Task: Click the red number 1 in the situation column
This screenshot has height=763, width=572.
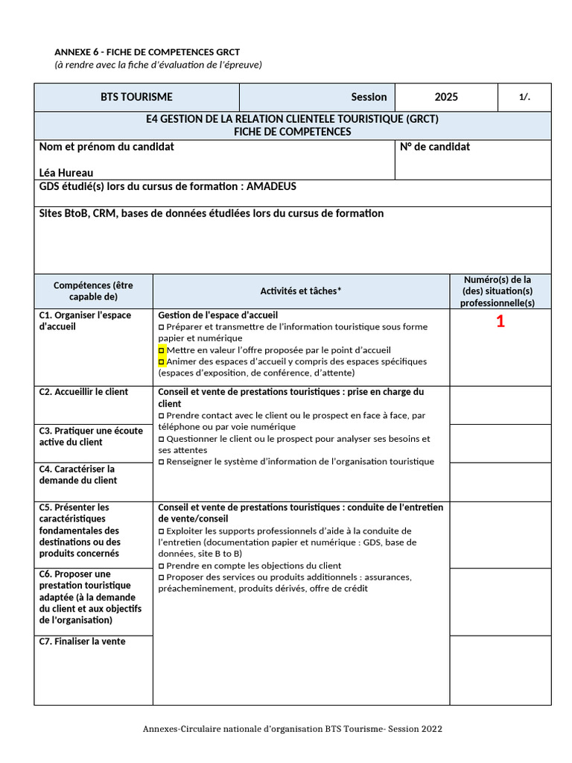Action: click(500, 322)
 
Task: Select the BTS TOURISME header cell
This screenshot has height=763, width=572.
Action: click(136, 97)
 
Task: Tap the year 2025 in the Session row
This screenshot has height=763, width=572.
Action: click(446, 97)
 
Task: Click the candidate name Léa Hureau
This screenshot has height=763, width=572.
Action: click(66, 173)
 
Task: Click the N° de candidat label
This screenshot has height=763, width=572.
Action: click(435, 147)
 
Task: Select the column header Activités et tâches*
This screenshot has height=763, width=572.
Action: click(301, 291)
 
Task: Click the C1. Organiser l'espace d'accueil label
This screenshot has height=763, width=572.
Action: click(85, 320)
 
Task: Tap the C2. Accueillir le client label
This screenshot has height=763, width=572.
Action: click(83, 392)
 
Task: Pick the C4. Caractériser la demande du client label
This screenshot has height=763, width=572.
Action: click(77, 475)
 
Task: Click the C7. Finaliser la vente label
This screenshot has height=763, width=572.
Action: click(82, 642)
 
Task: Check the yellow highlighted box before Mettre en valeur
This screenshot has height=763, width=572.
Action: click(162, 349)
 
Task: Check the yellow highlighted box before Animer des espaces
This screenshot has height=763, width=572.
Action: click(162, 361)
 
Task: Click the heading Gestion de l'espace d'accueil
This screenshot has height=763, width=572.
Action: click(218, 315)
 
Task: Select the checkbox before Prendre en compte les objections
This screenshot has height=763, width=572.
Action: click(162, 566)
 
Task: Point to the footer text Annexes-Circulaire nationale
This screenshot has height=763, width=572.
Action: click(292, 729)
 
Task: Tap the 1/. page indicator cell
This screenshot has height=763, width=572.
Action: click(524, 97)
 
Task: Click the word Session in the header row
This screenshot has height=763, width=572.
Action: click(369, 97)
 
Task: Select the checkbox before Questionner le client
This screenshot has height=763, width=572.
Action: click(162, 439)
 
